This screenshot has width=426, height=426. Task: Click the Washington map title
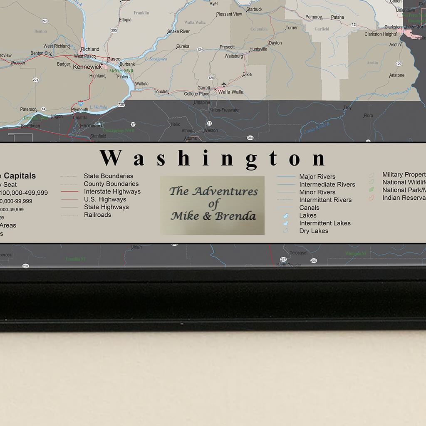(213, 159)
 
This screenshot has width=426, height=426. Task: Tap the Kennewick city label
(87, 67)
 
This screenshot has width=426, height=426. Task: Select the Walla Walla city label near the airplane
(231, 92)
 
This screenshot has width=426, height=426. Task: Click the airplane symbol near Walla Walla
(224, 84)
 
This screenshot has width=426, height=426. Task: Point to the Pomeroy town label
(314, 17)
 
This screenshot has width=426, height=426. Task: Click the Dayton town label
(275, 43)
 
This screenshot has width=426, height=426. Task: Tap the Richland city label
(90, 49)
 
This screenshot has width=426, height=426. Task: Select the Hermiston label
(91, 125)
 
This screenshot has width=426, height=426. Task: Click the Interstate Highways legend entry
(112, 192)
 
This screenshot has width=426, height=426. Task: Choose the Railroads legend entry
(97, 215)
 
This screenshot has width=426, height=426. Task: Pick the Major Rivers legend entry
(317, 177)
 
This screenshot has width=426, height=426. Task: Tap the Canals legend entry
(309, 208)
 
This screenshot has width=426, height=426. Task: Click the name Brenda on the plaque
(235, 216)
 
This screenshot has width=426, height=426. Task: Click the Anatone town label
(396, 75)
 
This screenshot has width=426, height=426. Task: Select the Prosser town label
(18, 63)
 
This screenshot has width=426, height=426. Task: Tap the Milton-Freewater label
(225, 110)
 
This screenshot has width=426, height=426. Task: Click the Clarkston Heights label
(381, 35)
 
